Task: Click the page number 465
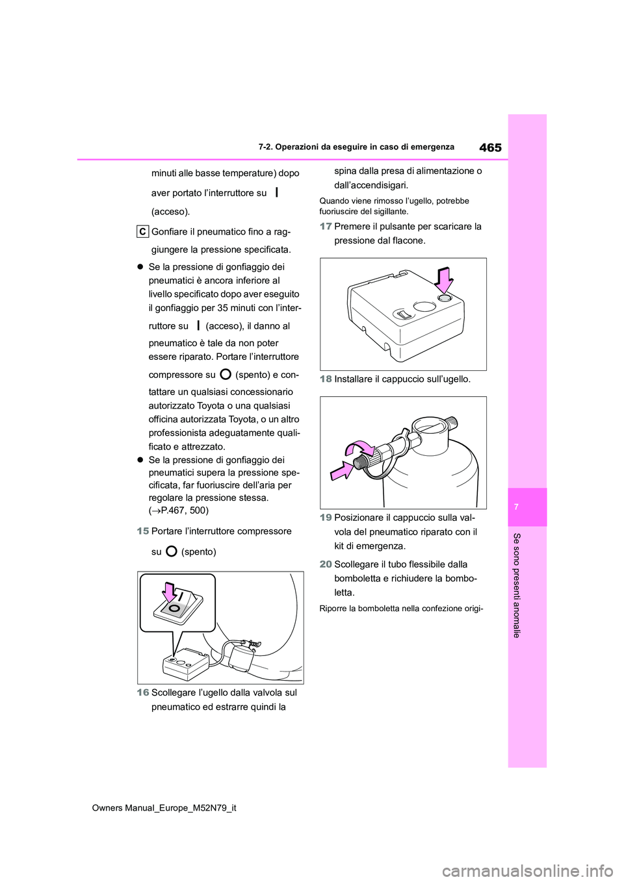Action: [490, 147]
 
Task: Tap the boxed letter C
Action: [142, 231]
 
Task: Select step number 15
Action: [143, 531]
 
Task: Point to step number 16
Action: [143, 692]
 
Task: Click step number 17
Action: [326, 226]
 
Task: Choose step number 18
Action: [326, 379]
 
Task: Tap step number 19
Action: [326, 518]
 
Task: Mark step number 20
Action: [326, 564]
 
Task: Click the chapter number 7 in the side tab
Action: [516, 507]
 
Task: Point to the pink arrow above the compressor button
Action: [444, 281]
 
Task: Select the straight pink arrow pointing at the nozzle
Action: [341, 470]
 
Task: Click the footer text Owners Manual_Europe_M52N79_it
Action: [164, 808]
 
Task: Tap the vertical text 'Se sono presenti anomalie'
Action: [517, 585]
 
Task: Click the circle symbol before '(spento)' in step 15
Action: [172, 551]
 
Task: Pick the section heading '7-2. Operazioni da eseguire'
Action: [356, 147]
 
